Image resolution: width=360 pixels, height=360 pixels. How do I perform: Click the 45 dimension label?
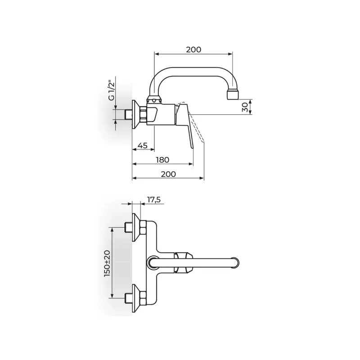click(x=143, y=145)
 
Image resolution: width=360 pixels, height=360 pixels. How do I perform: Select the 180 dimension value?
click(x=162, y=160)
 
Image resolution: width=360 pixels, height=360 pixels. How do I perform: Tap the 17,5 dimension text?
click(x=153, y=200)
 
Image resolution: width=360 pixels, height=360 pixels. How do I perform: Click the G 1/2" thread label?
click(x=111, y=90)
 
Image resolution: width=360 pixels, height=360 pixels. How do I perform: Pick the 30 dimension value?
click(x=245, y=107)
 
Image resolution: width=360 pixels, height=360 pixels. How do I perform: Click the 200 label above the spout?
click(x=193, y=49)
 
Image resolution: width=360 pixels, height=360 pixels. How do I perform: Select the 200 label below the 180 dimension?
click(x=168, y=174)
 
